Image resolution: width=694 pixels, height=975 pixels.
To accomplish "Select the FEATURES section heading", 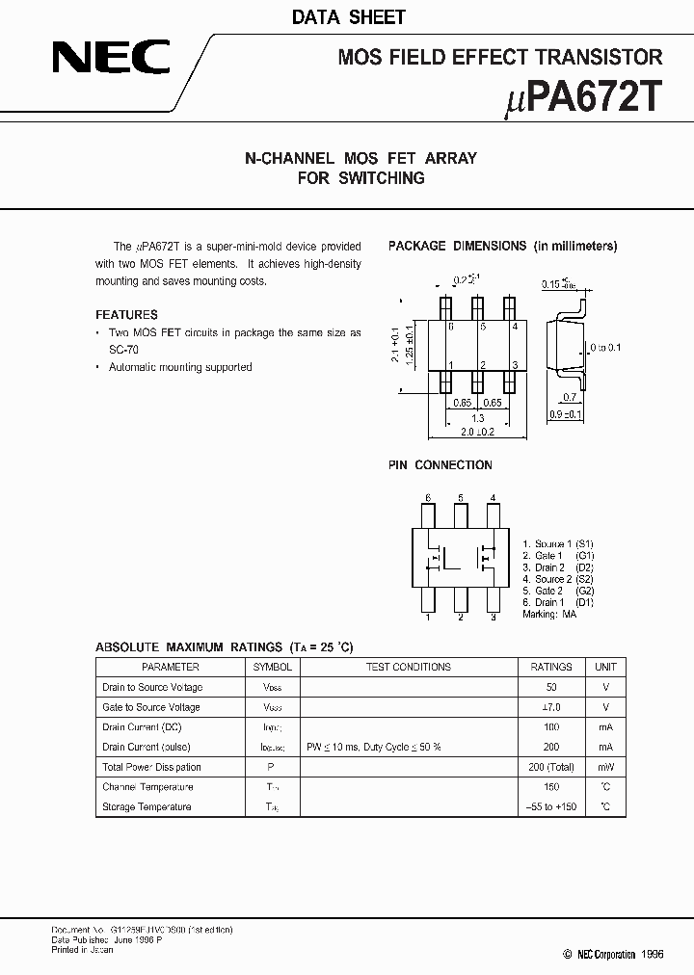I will pos(126,315).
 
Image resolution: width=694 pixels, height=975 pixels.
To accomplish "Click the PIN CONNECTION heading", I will pos(440,465).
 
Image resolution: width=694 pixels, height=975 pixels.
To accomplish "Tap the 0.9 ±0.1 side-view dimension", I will pos(567,414).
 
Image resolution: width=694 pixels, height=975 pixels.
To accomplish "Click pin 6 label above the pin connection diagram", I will pos(428,498).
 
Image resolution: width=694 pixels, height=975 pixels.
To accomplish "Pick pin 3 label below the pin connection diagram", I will pos(493,618).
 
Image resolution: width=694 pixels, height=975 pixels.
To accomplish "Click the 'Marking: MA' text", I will pos(549,614).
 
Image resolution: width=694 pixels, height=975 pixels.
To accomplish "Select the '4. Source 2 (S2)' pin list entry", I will pos(558,579).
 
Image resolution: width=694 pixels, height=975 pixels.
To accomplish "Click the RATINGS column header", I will pos(551,667).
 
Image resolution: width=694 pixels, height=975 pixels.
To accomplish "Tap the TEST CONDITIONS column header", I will pos(409,667).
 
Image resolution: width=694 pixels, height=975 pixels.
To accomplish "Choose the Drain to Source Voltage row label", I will pos(152,687).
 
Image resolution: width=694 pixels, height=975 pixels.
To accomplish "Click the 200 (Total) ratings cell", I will pos(551,767).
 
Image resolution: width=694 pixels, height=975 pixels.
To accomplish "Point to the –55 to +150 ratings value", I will pos(551,806).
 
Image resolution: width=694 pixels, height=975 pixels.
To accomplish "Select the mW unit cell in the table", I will pos(605,767).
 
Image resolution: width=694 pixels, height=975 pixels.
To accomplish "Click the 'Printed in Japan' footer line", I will pos(83,950).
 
